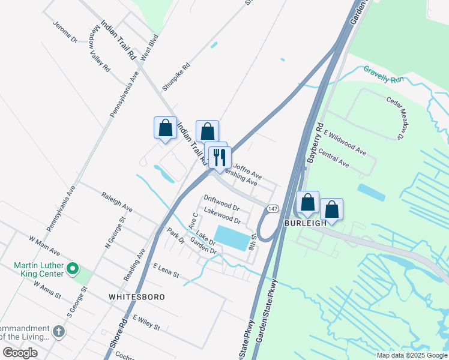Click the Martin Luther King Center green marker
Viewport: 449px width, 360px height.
pyautogui.click(x=73, y=268)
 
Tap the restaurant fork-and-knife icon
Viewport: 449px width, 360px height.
pyautogui.click(x=220, y=157)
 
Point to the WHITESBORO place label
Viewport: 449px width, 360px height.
pyautogui.click(x=136, y=297)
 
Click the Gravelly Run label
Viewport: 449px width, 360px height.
pyautogui.click(x=384, y=74)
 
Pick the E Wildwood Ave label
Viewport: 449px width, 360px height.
pyautogui.click(x=345, y=142)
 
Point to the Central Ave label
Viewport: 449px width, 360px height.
pyautogui.click(x=334, y=159)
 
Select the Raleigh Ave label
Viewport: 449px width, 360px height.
pyautogui.click(x=117, y=202)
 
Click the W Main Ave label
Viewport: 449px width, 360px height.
pyautogui.click(x=44, y=244)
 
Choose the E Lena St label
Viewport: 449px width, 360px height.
pyautogui.click(x=166, y=270)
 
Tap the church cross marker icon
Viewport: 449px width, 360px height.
pyautogui.click(x=58, y=331)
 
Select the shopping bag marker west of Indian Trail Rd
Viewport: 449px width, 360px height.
pyautogui.click(x=165, y=128)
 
